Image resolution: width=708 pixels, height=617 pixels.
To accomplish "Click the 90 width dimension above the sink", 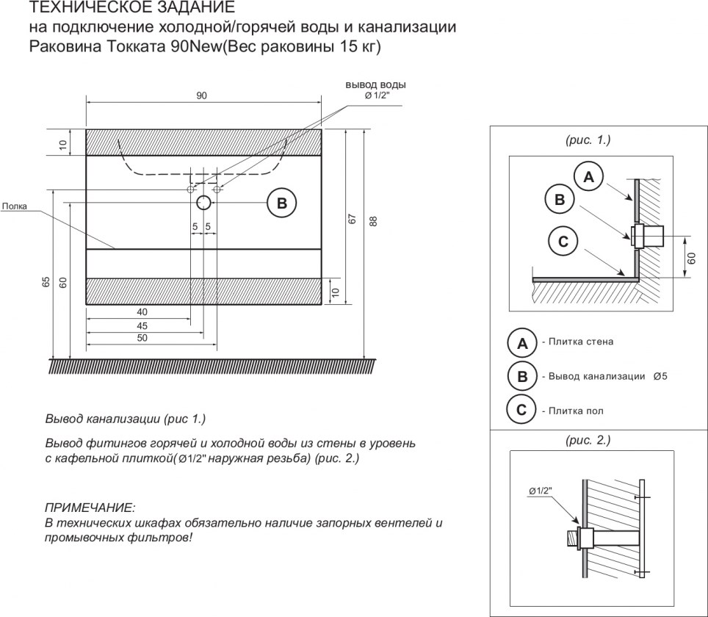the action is (201, 95).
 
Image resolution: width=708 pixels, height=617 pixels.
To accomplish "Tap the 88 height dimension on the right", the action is (373, 221).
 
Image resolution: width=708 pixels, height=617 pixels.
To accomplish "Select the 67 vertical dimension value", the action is (353, 219).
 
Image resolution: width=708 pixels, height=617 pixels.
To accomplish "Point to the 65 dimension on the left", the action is (46, 282).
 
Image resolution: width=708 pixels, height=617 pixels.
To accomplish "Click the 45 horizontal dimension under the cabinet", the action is (142, 325).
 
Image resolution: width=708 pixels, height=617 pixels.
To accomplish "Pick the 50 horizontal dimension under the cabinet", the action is (142, 338).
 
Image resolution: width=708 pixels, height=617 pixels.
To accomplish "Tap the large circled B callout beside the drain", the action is (282, 203).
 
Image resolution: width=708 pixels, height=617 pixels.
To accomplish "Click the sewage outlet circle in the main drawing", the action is (203, 202).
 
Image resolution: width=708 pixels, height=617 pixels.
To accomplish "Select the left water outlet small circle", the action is (190, 189).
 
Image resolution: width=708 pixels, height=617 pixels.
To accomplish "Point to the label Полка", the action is (15, 206).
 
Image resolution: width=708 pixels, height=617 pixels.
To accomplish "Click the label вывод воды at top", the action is (376, 85).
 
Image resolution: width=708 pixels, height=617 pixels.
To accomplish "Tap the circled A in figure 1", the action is (589, 177).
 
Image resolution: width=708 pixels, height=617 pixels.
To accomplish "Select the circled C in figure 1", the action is (563, 241).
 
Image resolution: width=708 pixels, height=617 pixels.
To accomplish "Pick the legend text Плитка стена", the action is (581, 342).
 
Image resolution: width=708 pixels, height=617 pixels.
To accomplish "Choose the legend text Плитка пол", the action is (576, 411).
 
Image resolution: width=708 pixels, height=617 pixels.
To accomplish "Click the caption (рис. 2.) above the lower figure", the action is (588, 440).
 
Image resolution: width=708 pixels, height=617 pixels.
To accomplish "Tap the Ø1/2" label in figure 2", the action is (540, 491).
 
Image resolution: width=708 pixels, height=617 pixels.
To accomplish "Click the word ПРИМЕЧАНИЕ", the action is (90, 508).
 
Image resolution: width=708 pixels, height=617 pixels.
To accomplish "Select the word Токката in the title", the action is (136, 46).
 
